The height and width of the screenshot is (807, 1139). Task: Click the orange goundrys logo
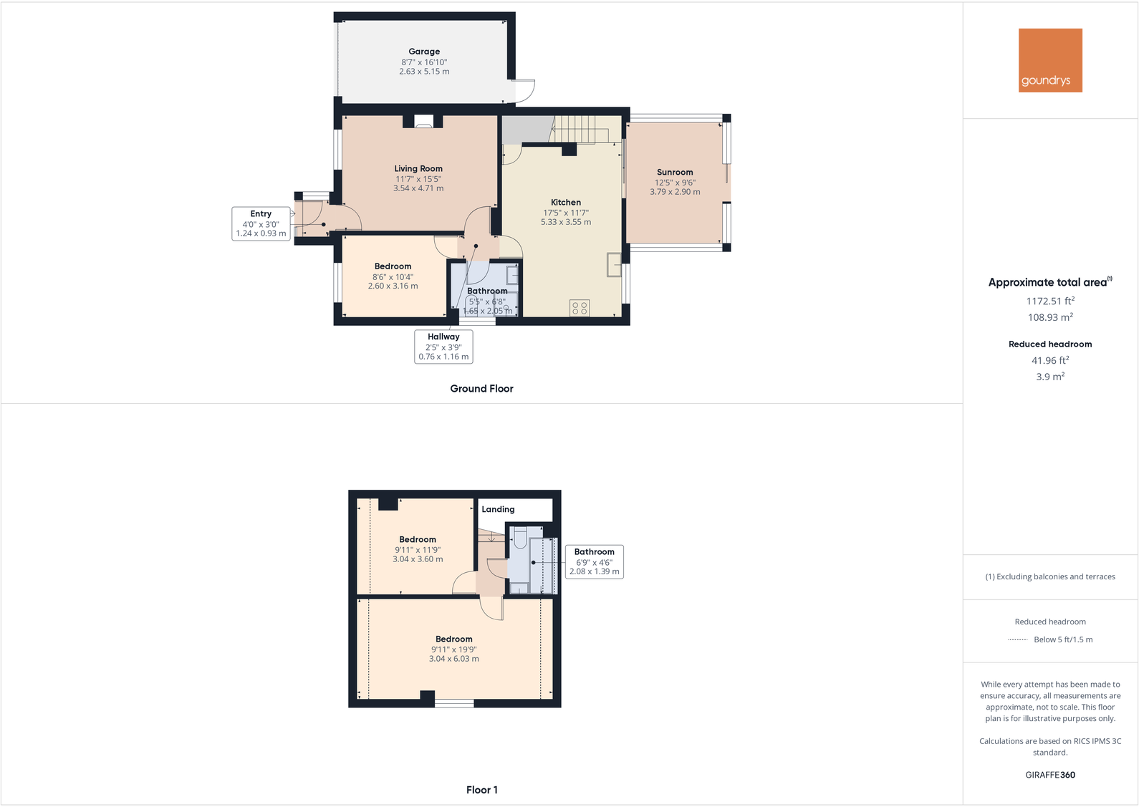tap(1050, 60)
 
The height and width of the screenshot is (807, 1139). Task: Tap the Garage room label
tap(424, 52)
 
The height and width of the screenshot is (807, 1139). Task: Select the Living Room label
tap(418, 169)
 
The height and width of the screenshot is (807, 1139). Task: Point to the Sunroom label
tap(675, 173)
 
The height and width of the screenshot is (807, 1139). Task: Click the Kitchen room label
tap(565, 202)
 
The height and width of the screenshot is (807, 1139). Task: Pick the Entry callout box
tap(261, 223)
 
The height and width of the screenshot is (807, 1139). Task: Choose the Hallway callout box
tap(443, 347)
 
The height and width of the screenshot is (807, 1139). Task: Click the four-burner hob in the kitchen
tap(580, 307)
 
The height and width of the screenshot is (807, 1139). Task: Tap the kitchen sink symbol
tap(614, 265)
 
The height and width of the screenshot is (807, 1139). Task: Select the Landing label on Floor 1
tap(498, 509)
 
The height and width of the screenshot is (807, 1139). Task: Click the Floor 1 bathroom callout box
tap(595, 561)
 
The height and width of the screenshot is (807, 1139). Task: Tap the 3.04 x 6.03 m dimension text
tap(453, 659)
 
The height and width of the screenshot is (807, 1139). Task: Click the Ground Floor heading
tap(481, 389)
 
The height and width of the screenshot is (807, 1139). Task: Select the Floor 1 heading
tap(481, 790)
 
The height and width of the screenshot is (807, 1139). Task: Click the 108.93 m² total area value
tap(1050, 317)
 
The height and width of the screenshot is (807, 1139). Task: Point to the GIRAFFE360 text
tap(1050, 775)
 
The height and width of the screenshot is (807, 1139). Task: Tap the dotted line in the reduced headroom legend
tap(1017, 640)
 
